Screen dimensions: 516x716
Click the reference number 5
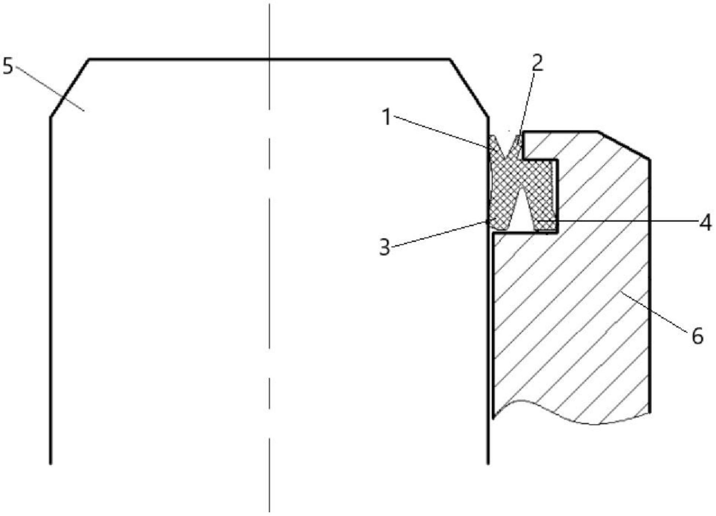pos(8,66)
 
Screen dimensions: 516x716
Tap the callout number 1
pos(386,117)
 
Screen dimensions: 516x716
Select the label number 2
pos(537,63)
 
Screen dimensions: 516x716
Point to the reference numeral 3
pos(385,247)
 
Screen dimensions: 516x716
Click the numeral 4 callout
pos(705,223)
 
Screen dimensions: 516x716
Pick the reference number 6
pos(697,336)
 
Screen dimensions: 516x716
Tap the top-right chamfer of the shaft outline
pos(469,88)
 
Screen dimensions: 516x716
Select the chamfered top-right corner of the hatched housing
pos(624,145)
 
